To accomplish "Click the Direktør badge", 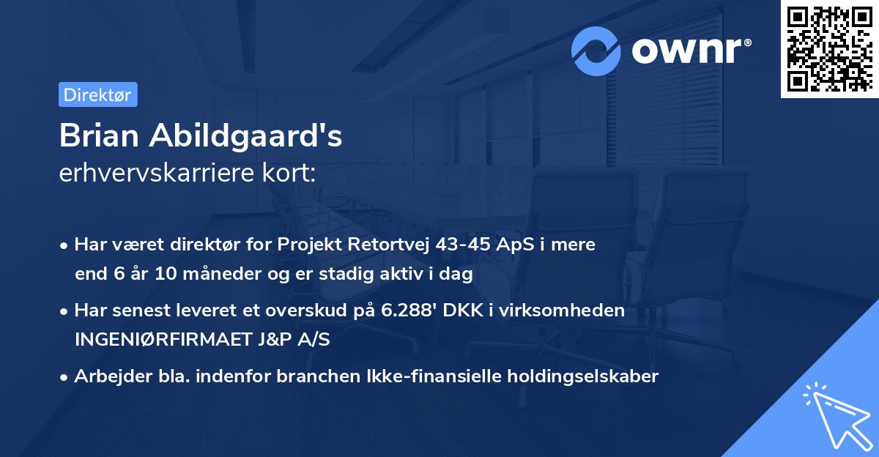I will pyautogui.click(x=97, y=94).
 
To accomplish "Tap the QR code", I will pyautogui.click(x=830, y=49).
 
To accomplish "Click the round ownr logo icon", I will pyautogui.click(x=597, y=51).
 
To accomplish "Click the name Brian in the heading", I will pyautogui.click(x=103, y=136).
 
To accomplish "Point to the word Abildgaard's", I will pyautogui.click(x=250, y=136).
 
